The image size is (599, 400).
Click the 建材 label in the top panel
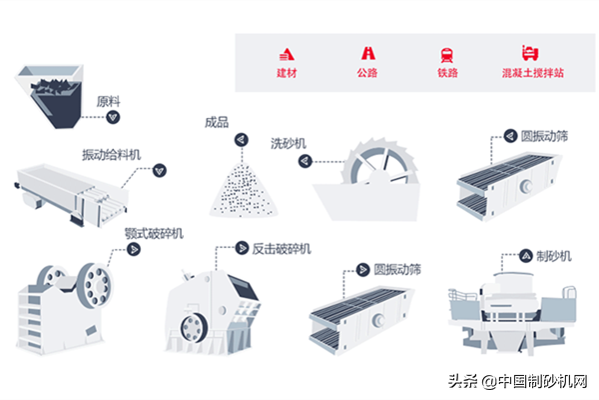287,73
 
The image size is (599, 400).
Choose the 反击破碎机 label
283,247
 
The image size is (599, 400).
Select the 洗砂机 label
287,142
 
